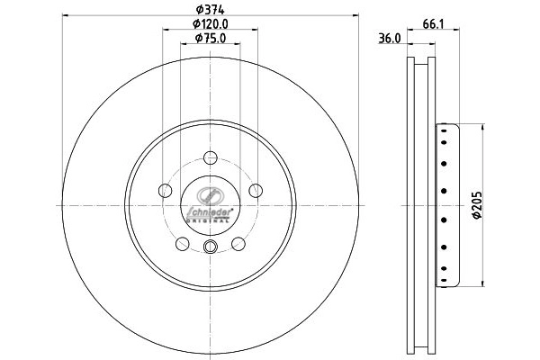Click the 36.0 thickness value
pos(388,40)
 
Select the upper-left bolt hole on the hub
pos(164,190)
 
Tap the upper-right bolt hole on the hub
pos(256,190)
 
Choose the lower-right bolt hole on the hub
pos(238,244)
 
